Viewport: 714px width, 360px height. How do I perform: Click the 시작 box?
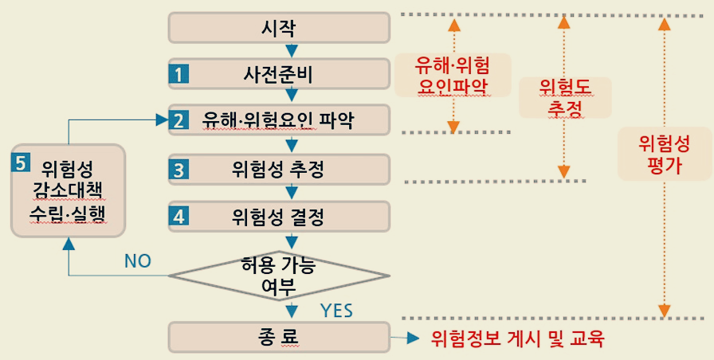[x=279, y=28]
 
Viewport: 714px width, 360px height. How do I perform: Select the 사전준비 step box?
[x=279, y=74]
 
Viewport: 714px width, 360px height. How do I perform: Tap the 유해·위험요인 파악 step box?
[x=279, y=120]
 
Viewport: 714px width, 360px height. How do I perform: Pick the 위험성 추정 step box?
[x=279, y=169]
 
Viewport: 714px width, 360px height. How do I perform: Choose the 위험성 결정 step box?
[x=279, y=215]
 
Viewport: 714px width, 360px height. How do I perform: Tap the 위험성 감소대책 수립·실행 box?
[x=69, y=190]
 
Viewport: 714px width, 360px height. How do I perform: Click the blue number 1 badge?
[x=178, y=75]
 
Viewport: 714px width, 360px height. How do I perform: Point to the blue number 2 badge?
[x=178, y=121]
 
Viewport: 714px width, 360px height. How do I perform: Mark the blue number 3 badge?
[x=178, y=169]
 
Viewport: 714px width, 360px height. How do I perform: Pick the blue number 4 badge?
[x=178, y=215]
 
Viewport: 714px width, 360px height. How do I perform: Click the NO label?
[x=136, y=261]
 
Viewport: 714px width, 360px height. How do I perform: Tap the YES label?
[x=336, y=309]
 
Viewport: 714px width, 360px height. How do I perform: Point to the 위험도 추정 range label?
[x=564, y=96]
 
